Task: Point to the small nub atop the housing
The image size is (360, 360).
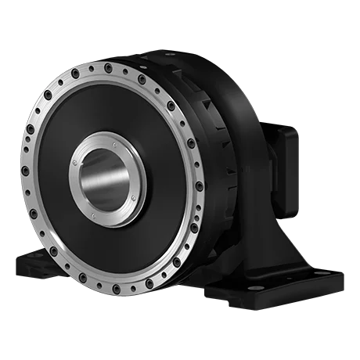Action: [161, 49]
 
